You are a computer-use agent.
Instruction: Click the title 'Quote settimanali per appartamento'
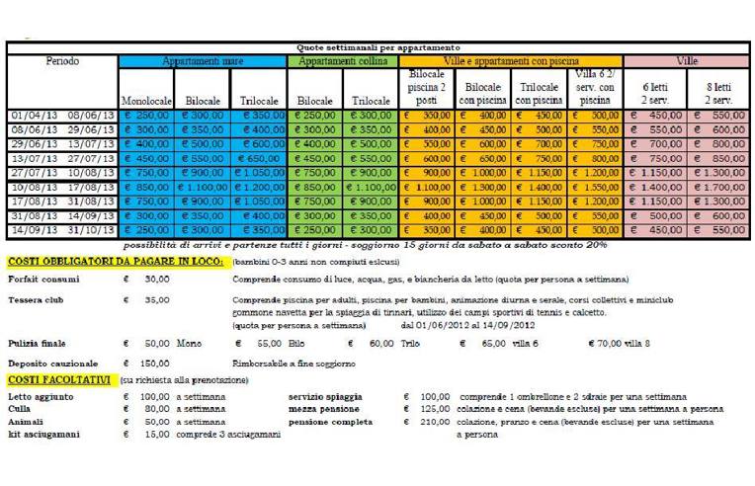(378, 46)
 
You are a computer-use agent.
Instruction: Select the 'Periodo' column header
(62, 61)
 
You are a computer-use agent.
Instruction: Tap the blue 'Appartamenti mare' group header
(202, 61)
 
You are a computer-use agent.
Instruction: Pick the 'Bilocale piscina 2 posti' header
(426, 88)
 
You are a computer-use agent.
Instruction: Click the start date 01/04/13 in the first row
(33, 115)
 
